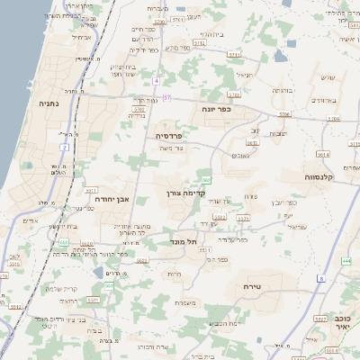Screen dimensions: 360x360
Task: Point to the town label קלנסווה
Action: (x=320, y=176)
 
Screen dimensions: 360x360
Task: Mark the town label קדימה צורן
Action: (x=187, y=193)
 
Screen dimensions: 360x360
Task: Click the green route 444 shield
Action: (x=346, y=261)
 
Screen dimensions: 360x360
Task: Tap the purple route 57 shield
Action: (x=166, y=96)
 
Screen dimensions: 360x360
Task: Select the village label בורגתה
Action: (x=282, y=92)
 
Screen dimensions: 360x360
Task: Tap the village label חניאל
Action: (x=246, y=76)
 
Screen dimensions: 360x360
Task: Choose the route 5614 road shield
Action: (x=321, y=154)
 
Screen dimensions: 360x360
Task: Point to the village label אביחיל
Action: (x=80, y=38)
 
